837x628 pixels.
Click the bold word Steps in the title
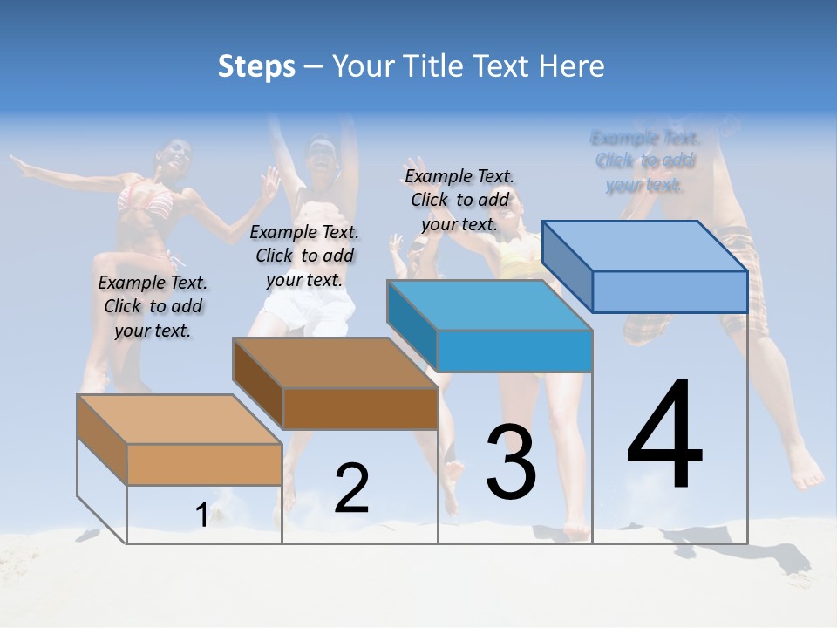pos(256,66)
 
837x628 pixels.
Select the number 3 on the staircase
pos(511,462)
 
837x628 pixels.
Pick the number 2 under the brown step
pos(351,488)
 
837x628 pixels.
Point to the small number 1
pos(201,515)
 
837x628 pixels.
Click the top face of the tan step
pos(179,420)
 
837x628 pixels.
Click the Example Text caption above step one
pos(153,306)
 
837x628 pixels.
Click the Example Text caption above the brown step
pos(304,256)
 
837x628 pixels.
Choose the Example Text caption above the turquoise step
pos(459,200)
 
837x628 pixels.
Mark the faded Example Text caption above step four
pos(644,160)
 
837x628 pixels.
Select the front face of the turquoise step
pos(514,352)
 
